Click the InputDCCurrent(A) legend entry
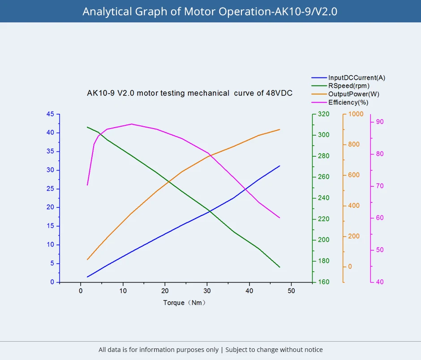point(357,77)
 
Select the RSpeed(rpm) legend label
point(349,86)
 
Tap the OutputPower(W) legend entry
point(354,94)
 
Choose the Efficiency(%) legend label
point(348,102)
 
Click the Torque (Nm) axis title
point(185,303)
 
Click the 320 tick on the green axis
point(323,114)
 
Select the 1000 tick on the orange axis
point(356,114)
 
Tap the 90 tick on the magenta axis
point(380,122)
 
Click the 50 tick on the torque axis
point(291,290)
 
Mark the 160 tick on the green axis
point(323,282)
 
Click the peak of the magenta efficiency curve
point(132,124)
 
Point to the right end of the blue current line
point(279,166)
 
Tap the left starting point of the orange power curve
point(87,259)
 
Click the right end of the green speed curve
point(279,267)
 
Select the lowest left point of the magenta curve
point(87,185)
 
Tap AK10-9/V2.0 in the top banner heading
point(305,11)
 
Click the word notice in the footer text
point(313,350)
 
